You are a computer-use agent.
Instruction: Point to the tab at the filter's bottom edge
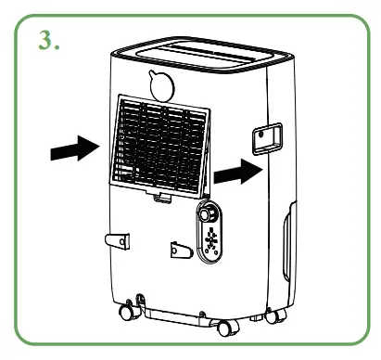click(x=163, y=196)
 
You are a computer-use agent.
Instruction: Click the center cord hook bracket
click(x=175, y=251)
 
